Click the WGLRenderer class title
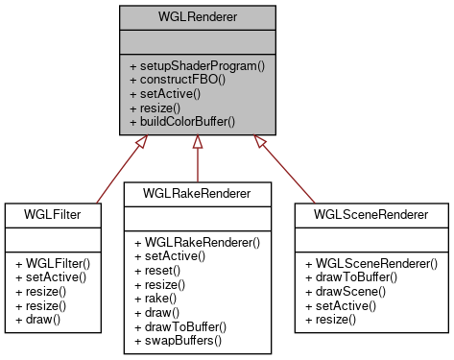(x=197, y=17)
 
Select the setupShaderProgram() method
(x=196, y=65)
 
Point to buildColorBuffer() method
(x=182, y=123)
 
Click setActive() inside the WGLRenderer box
(x=165, y=94)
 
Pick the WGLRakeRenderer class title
(x=198, y=193)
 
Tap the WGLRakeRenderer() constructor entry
(x=198, y=242)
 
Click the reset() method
(x=156, y=271)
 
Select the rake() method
(x=155, y=300)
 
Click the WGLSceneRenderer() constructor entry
(x=370, y=261)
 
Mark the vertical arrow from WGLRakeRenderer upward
(x=198, y=158)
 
